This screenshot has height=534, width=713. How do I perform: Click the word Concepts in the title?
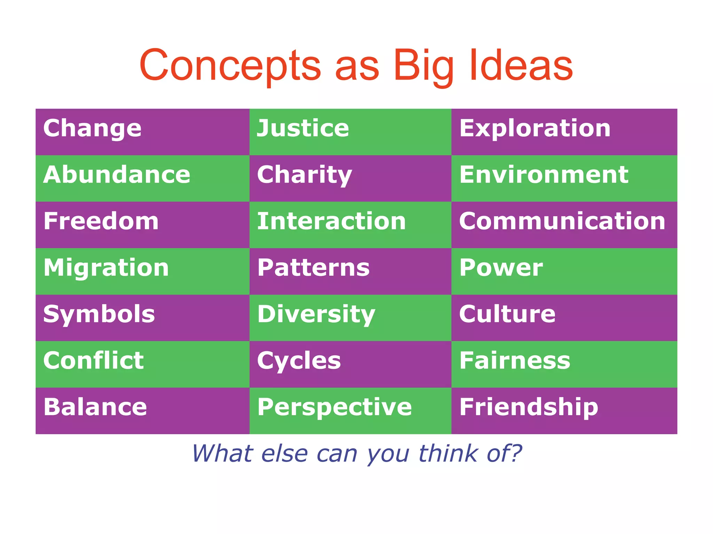tap(230, 66)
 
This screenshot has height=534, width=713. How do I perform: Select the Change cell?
tap(92, 129)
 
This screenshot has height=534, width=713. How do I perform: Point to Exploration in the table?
tap(535, 129)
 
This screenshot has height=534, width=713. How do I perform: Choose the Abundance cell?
tap(117, 175)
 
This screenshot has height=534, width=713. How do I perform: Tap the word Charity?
tap(305, 175)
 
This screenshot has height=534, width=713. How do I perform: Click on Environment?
tap(544, 175)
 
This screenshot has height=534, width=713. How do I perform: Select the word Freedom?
tap(101, 221)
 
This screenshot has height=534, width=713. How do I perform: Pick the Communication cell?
tap(562, 221)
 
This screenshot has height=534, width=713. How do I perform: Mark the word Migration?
tap(106, 268)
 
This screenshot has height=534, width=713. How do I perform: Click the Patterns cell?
tap(313, 268)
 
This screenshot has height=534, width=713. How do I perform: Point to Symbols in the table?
tap(99, 314)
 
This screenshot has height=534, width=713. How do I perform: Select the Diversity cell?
tap(316, 314)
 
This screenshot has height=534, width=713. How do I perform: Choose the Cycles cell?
tap(299, 361)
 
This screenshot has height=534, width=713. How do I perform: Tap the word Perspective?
tap(334, 407)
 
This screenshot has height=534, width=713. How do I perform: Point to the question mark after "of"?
tap(514, 453)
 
